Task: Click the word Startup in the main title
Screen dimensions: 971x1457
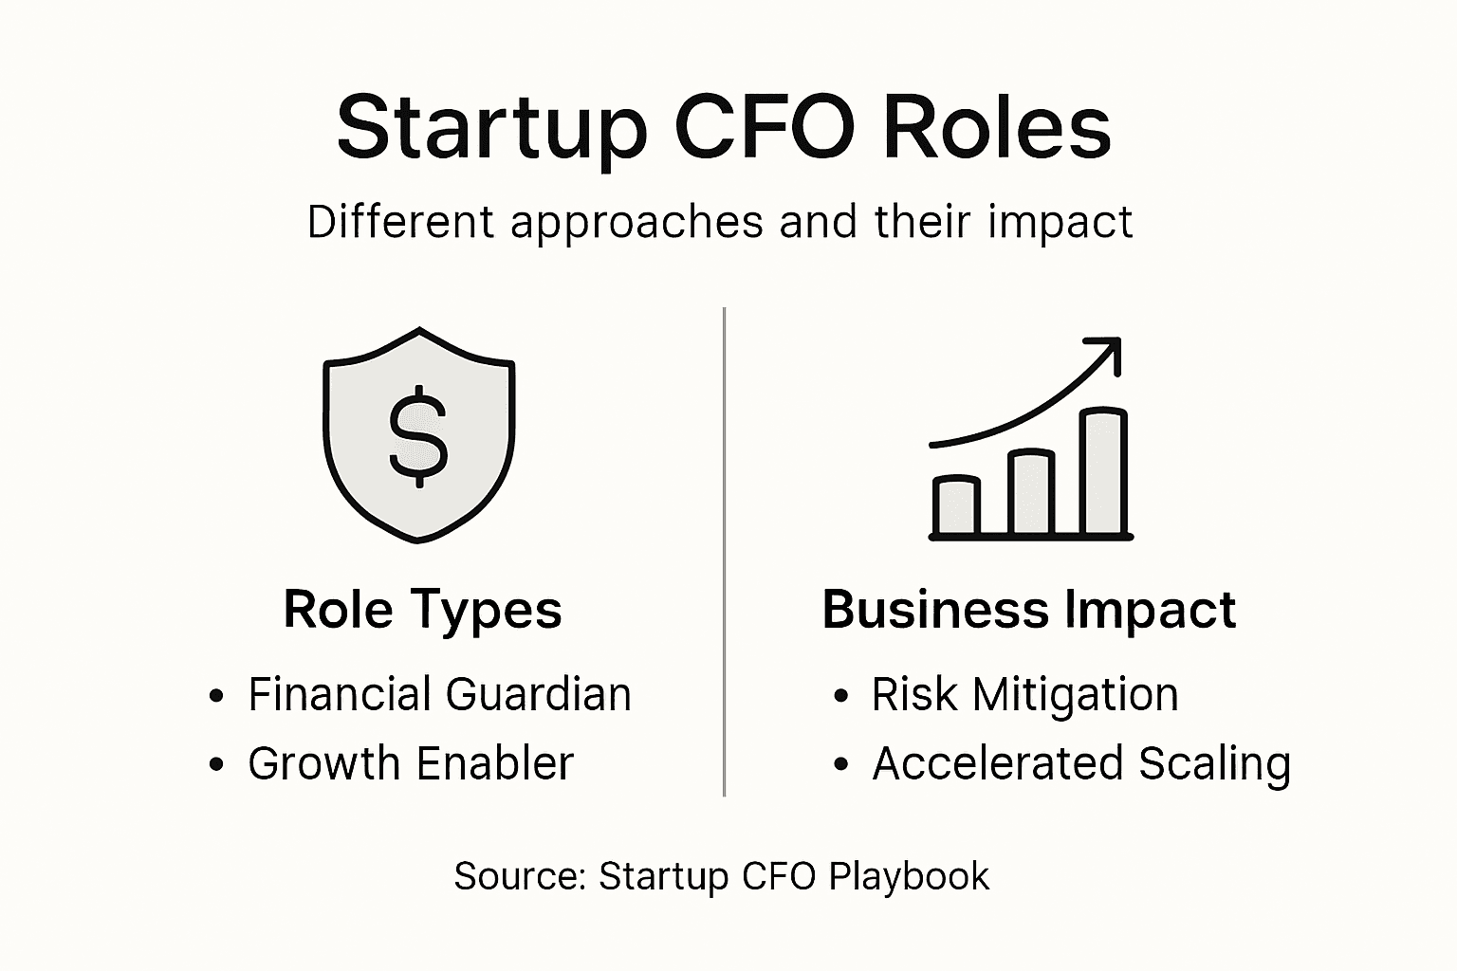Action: point(491,129)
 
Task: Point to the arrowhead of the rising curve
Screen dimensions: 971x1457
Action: point(1108,351)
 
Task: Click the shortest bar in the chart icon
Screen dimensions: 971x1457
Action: point(956,506)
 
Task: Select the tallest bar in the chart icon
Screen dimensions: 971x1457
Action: point(1103,472)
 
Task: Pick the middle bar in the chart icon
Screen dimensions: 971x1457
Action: point(1030,493)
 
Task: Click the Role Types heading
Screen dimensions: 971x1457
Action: point(422,609)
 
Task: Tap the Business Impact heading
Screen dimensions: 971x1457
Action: point(1028,609)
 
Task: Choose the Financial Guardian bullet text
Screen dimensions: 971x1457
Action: point(439,694)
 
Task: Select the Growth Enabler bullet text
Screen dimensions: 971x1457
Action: point(411,763)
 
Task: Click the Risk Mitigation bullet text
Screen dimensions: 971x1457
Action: point(1024,694)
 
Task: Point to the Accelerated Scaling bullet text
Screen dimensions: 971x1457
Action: point(1081,763)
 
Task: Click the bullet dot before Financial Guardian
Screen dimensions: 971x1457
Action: point(216,696)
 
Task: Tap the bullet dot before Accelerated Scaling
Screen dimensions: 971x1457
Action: point(840,764)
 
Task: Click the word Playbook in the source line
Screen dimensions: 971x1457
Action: point(909,876)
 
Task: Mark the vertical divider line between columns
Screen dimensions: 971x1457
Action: point(724,550)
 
